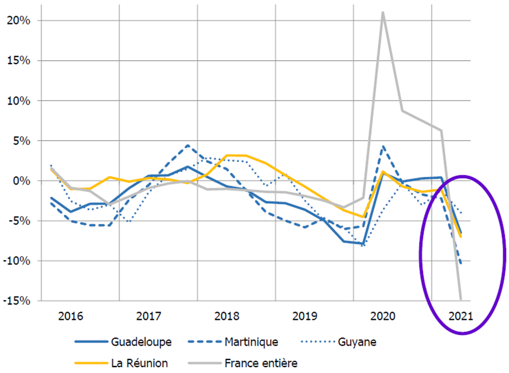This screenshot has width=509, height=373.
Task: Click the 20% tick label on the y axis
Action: point(19,20)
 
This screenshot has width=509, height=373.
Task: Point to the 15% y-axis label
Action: point(19,61)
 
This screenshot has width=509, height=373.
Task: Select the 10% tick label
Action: point(19,101)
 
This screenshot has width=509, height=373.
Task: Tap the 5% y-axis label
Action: point(22,141)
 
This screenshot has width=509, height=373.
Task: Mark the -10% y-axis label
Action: point(17,261)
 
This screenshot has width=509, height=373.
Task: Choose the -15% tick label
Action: point(17,301)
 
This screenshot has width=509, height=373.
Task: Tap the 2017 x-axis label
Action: point(149,317)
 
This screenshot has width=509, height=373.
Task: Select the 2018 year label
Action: point(227,317)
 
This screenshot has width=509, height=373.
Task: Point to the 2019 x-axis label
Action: point(305,317)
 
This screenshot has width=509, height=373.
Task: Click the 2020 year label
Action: point(383,317)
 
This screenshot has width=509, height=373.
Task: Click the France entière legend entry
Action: point(261,363)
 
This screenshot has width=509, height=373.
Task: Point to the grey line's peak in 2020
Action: point(383,12)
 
